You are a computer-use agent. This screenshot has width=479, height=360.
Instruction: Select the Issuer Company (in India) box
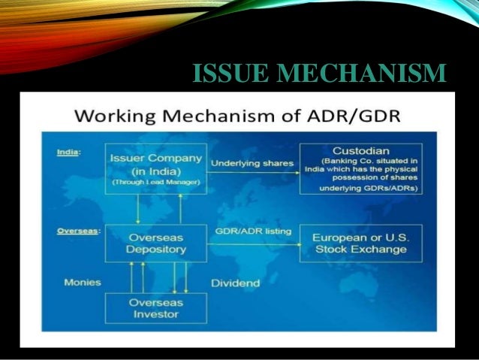click(155, 169)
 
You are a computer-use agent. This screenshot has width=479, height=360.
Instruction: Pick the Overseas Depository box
click(155, 242)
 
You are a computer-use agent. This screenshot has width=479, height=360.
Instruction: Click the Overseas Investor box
click(155, 309)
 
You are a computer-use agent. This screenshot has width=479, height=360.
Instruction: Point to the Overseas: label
click(77, 231)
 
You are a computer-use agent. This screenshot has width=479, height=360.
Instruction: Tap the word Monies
click(80, 283)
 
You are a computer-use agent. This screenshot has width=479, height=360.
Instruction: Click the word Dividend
click(236, 283)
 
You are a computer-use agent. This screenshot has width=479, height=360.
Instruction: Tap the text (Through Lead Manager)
click(155, 183)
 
